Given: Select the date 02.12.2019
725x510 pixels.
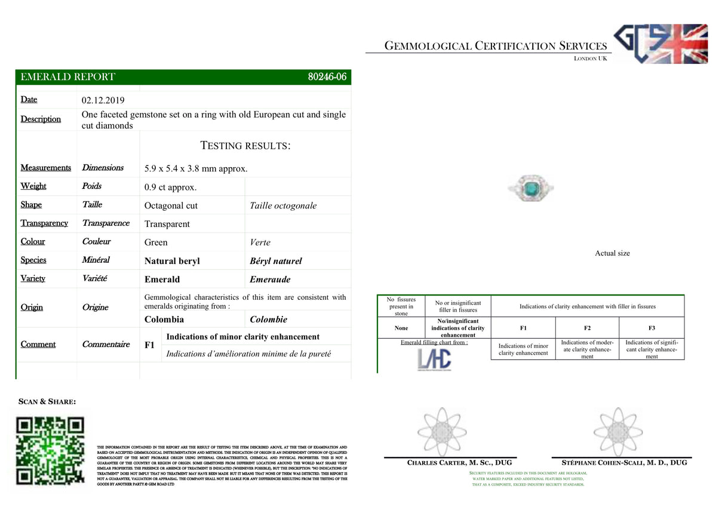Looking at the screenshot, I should pyautogui.click(x=103, y=100).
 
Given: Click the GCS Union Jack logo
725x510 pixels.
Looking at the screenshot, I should pyautogui.click(x=661, y=44).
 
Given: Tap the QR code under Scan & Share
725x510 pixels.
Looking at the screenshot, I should pyautogui.click(x=50, y=451).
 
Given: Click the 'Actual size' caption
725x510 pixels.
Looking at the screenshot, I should pyautogui.click(x=612, y=253).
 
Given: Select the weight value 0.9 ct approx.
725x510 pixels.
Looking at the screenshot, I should pyautogui.click(x=170, y=188).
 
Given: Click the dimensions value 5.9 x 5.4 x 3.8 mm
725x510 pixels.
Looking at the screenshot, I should pyautogui.click(x=195, y=168).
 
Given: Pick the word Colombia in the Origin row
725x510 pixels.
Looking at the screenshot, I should pyautogui.click(x=164, y=319).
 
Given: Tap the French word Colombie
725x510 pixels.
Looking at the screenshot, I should pyautogui.click(x=268, y=319).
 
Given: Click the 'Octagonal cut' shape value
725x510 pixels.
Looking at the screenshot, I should pyautogui.click(x=171, y=205).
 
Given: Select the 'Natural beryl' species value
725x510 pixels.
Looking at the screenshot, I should pyautogui.click(x=172, y=261).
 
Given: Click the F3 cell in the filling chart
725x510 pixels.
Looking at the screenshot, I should pyautogui.click(x=652, y=328).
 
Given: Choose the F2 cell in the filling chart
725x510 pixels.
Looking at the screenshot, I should pyautogui.click(x=587, y=328).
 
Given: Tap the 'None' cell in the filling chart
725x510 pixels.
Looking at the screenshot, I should pyautogui.click(x=401, y=328).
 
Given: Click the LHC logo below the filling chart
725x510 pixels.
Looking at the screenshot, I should pyautogui.click(x=434, y=360).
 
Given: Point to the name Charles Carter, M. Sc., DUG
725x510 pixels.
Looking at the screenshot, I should pyautogui.click(x=459, y=463).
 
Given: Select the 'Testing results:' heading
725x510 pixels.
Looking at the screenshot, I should pyautogui.click(x=245, y=146).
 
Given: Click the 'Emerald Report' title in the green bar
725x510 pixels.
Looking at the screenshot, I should pyautogui.click(x=67, y=77).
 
